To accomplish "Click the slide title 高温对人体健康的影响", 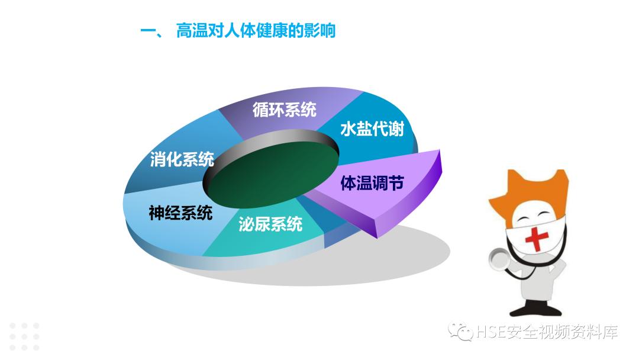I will [x=256, y=30].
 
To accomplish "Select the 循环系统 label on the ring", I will [x=284, y=110].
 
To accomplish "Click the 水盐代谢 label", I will [x=372, y=129].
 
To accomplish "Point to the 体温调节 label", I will [x=372, y=183].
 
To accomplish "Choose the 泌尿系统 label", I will [x=270, y=224].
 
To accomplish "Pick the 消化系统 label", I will [x=182, y=159].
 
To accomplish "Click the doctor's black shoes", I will [x=532, y=309].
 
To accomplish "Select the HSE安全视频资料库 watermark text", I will [x=546, y=333].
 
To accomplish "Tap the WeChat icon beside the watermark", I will [x=461, y=332].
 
